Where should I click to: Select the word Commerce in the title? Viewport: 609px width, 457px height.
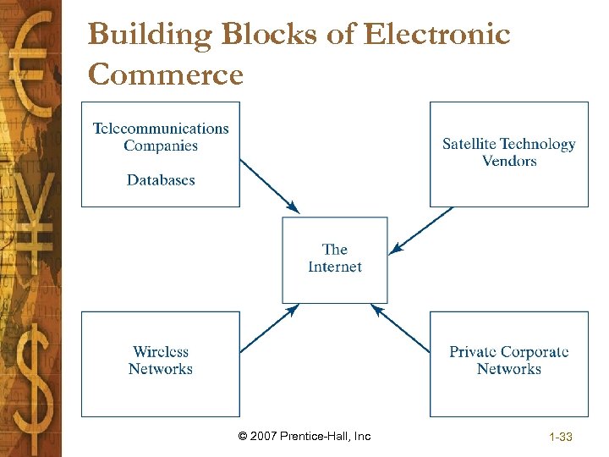point(165,74)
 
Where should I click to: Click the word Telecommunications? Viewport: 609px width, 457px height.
point(161,129)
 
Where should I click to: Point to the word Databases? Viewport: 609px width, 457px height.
point(161,179)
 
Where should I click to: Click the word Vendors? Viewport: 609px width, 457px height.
point(509,161)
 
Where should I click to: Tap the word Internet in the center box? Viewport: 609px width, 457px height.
point(335,267)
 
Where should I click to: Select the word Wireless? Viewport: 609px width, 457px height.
point(161,351)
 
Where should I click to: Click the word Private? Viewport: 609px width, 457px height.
point(476,351)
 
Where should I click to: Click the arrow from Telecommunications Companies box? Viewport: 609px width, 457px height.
point(270,186)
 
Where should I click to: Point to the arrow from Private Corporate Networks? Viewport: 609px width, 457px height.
point(402,329)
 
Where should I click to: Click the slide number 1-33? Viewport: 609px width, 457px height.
point(561,437)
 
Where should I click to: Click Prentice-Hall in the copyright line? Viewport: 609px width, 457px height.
point(318,436)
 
